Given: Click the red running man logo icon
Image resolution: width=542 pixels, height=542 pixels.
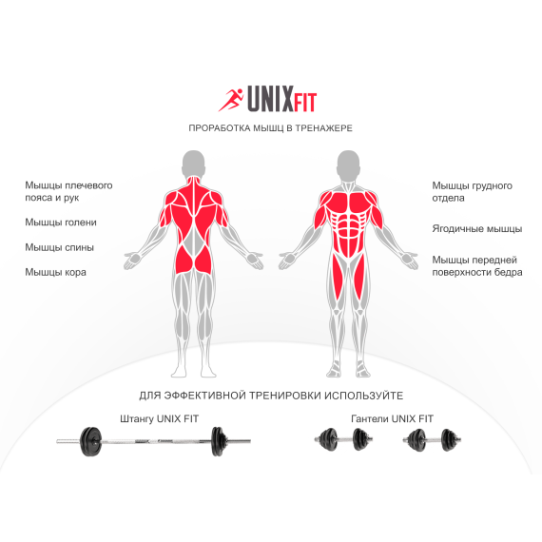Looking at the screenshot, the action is click(x=231, y=100).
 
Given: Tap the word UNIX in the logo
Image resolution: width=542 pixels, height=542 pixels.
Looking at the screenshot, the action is click(x=270, y=99).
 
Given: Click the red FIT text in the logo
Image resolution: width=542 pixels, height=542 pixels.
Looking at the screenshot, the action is click(x=305, y=103).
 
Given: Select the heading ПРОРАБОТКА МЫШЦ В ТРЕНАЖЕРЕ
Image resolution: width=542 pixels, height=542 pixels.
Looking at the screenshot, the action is click(x=270, y=128).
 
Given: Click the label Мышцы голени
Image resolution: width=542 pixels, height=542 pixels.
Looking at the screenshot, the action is click(x=61, y=223).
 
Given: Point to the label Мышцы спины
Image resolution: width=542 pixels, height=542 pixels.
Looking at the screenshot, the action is click(x=59, y=247).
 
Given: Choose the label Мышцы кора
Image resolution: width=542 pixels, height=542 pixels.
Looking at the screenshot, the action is click(x=55, y=272).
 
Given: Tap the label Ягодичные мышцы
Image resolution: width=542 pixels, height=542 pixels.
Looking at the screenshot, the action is click(x=477, y=229).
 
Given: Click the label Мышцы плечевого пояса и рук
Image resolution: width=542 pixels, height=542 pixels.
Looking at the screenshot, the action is click(x=68, y=191).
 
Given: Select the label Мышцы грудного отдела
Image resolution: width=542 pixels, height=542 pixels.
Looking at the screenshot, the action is click(x=473, y=192).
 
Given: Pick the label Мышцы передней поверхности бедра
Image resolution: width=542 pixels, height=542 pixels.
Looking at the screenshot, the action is click(x=477, y=266).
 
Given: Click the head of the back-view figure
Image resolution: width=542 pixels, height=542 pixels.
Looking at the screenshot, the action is click(x=194, y=164).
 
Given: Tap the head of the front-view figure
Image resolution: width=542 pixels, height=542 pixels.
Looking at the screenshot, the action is click(x=348, y=164).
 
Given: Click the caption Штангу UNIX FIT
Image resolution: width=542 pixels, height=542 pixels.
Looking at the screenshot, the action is click(x=160, y=419).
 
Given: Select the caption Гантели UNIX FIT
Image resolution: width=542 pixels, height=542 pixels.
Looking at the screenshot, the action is click(x=392, y=419).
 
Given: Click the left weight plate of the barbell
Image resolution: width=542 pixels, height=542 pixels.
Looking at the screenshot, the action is click(x=91, y=441).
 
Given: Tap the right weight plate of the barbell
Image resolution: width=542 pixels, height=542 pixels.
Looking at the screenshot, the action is click(x=219, y=441).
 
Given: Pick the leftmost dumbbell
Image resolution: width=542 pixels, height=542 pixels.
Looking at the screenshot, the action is click(x=343, y=439).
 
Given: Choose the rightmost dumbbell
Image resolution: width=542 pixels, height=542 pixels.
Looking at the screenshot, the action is click(x=432, y=440).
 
